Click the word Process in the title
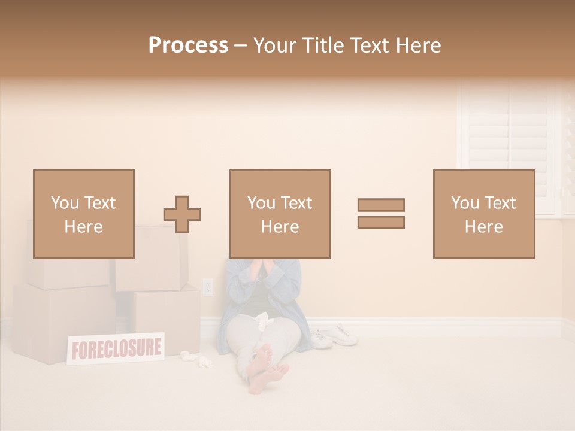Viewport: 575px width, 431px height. click(x=188, y=45)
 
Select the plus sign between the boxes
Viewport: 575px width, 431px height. click(x=182, y=214)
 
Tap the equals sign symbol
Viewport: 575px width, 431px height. click(x=381, y=214)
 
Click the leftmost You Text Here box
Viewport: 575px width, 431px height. click(x=83, y=214)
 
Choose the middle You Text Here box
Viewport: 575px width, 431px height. click(x=280, y=214)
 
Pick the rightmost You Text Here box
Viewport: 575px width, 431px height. click(x=483, y=214)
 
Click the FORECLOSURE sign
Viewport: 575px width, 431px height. click(x=116, y=348)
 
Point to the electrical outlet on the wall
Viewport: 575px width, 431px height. click(x=208, y=287)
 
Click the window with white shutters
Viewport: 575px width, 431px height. click(x=512, y=147)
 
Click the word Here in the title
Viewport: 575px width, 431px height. click(x=419, y=45)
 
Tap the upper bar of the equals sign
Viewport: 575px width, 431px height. click(x=381, y=205)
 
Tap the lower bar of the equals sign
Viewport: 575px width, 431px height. click(x=381, y=222)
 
